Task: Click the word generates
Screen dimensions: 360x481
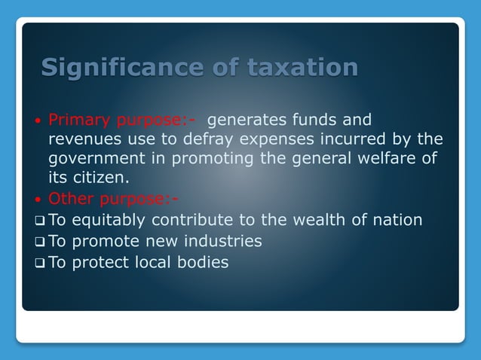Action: click(x=244, y=120)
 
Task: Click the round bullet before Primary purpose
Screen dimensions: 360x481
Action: click(x=39, y=121)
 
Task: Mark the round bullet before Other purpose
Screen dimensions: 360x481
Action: click(x=39, y=200)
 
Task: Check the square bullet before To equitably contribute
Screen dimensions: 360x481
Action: click(x=41, y=221)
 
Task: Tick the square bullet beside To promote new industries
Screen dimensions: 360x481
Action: click(x=41, y=243)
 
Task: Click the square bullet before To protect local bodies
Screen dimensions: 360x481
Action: click(x=41, y=264)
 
